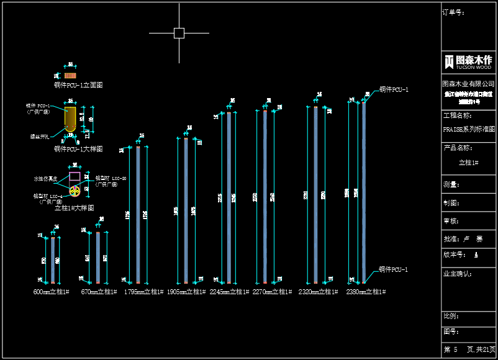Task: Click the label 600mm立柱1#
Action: coord(51,291)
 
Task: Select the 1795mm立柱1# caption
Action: coord(144,291)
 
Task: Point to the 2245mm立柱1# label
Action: coord(229,291)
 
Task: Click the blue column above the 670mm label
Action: coord(98,258)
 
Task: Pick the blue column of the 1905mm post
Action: coord(186,211)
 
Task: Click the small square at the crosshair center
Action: coord(179,33)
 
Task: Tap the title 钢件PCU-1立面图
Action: coord(78,84)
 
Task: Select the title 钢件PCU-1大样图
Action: coord(78,149)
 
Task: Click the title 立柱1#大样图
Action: coord(75,207)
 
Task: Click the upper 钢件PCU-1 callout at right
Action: coord(394,90)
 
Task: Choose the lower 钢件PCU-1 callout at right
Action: coord(394,270)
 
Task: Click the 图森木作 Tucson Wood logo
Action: coord(469,61)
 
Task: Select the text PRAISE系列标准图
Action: coord(469,130)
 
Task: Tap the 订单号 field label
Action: coord(453,12)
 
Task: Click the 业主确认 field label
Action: coord(458,273)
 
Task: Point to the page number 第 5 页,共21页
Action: coord(469,350)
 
